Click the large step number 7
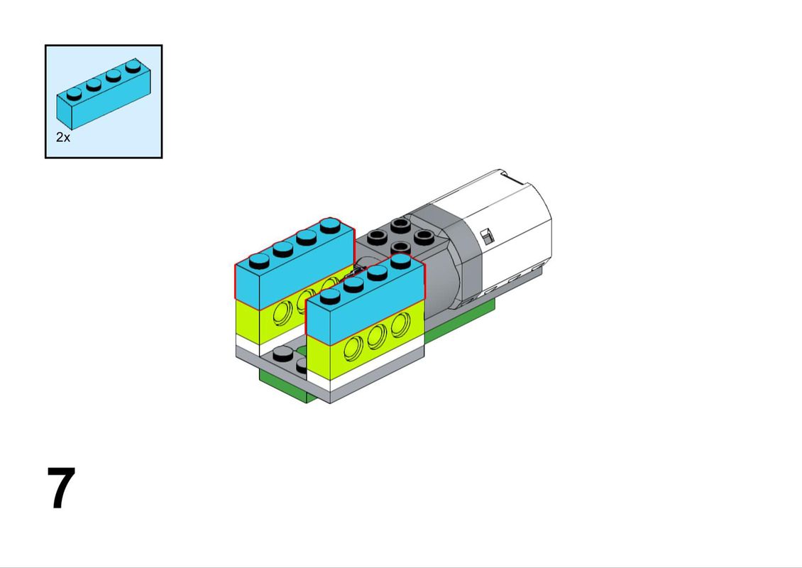(x=61, y=488)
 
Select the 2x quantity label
(x=63, y=137)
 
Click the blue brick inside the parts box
(x=104, y=96)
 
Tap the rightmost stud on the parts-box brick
(x=133, y=65)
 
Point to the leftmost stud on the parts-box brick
(x=74, y=94)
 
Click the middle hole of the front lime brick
(x=377, y=337)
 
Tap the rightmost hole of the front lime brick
(x=400, y=324)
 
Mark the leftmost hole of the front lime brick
(x=353, y=349)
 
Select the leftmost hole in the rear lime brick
(x=283, y=312)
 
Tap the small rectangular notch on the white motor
(x=488, y=236)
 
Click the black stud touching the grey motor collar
(x=424, y=237)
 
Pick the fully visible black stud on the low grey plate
(x=283, y=353)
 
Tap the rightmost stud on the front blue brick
(x=400, y=261)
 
